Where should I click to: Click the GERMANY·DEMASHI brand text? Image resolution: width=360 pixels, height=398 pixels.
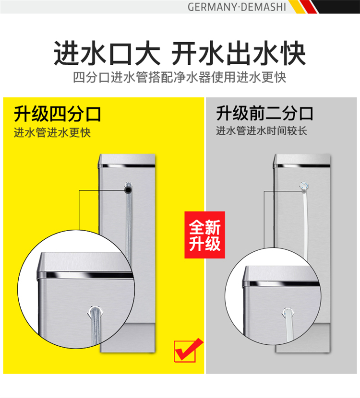coord(237,7)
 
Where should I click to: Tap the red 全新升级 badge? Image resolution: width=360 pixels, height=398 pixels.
coord(205,235)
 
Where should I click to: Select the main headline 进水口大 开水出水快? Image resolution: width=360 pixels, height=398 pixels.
coord(180,53)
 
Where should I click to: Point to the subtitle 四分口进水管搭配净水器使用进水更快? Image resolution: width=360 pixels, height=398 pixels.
coord(180,77)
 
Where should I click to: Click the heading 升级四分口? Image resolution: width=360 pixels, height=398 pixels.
coord(58,114)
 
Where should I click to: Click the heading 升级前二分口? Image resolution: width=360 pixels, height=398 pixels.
coord(264,113)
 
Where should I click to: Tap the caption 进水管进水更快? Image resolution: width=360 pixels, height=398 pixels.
coord(52,132)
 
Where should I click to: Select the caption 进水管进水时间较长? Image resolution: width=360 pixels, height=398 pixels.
coord(262,131)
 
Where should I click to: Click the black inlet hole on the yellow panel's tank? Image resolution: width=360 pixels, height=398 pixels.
coord(128,190)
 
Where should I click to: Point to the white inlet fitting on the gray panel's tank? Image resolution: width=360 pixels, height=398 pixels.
coord(304,187)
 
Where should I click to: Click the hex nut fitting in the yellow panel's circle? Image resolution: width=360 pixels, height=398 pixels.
coord(95,311)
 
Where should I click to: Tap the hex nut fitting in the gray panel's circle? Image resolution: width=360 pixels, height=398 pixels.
coord(287,313)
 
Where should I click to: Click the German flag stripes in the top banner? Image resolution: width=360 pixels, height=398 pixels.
coord(323,7)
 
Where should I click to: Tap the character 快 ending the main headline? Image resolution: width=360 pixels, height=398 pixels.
coord(294,53)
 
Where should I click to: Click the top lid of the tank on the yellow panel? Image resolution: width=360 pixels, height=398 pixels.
coord(127,159)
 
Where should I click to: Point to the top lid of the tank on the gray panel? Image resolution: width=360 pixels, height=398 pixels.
coord(302,159)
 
